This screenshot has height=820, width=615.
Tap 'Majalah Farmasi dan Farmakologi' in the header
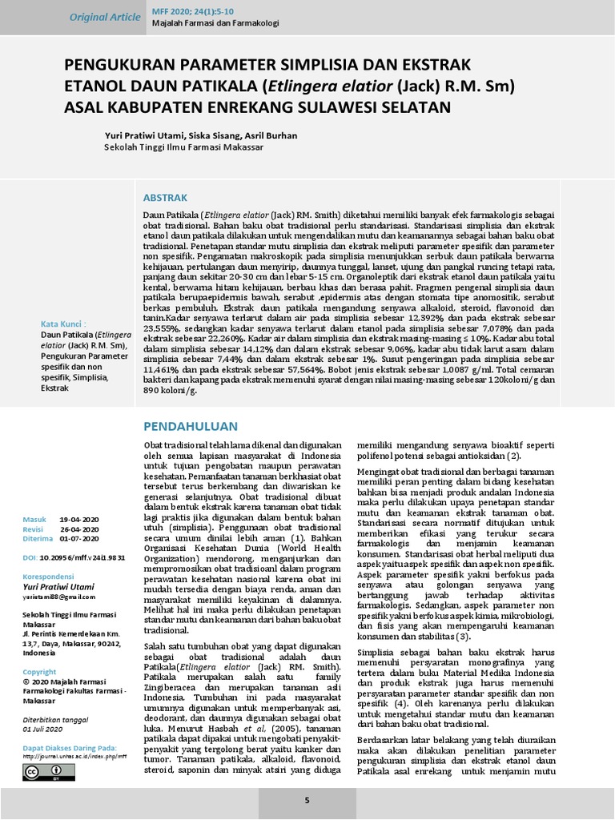click(215, 23)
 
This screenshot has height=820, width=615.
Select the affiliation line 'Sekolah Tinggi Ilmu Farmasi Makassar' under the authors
click(184, 147)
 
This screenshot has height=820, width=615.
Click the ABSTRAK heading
click(164, 197)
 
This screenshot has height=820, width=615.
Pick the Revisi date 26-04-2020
click(79, 529)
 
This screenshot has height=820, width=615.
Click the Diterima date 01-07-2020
click(79, 538)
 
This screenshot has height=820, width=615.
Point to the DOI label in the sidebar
click(30, 557)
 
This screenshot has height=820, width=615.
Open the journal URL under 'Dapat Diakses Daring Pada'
click(74, 756)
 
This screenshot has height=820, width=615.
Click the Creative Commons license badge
click(48, 772)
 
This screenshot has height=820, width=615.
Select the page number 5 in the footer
click(307, 800)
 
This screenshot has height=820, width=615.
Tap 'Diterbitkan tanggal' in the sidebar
click(54, 718)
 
